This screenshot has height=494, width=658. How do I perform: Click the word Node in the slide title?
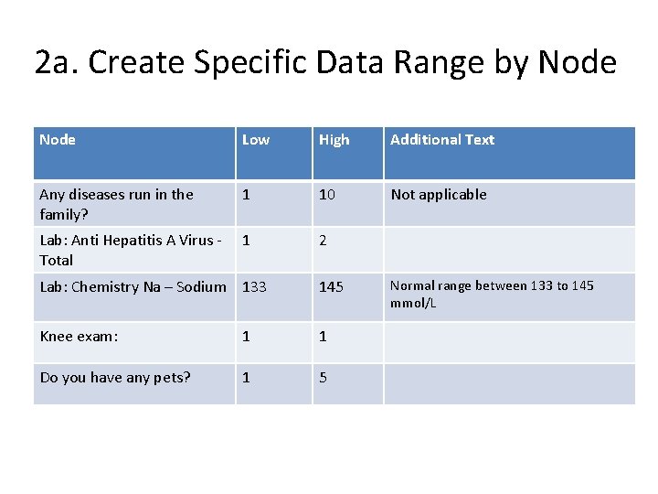[578, 62]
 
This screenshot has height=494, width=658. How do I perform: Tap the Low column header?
[256, 140]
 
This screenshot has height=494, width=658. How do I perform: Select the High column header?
[334, 140]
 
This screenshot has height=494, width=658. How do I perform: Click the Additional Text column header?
[442, 140]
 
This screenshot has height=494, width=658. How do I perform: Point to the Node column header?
[58, 140]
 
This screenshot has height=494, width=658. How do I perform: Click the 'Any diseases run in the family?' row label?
[116, 204]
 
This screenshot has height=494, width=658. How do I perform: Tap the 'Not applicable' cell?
[439, 195]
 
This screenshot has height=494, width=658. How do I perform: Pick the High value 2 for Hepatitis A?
[323, 241]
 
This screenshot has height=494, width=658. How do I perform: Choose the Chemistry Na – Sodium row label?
[133, 287]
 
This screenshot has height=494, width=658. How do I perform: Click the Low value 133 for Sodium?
[254, 287]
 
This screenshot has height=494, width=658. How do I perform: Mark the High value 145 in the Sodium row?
[331, 287]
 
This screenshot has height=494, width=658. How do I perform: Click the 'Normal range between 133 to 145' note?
[492, 294]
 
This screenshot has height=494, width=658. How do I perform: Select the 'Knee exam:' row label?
[79, 337]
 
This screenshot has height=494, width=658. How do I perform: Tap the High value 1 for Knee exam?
[323, 337]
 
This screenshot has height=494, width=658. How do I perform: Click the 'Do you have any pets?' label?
[115, 377]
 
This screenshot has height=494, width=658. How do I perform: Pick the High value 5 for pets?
[323, 377]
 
